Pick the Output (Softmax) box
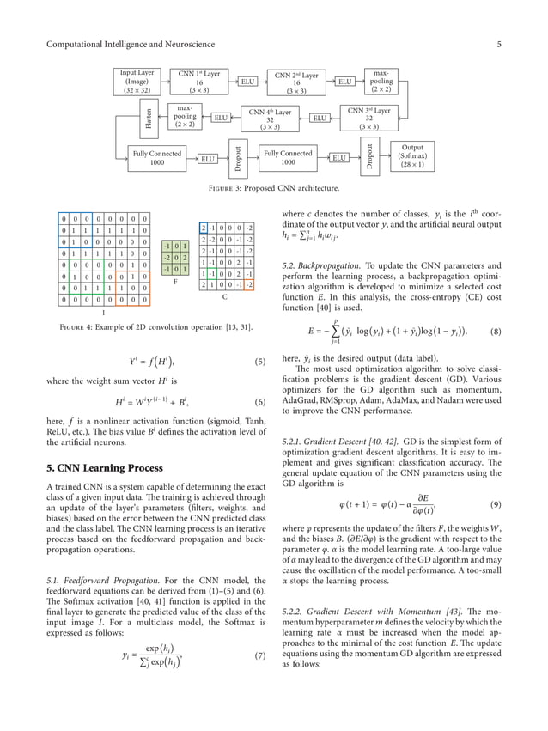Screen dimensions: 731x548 click(x=406, y=157)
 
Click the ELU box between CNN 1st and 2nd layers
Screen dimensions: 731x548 click(x=247, y=82)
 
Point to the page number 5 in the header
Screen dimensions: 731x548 click(x=497, y=44)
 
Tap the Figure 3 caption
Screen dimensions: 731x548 click(x=274, y=188)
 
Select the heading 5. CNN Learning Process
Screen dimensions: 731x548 click(x=107, y=468)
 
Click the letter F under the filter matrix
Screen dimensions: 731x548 click(x=174, y=280)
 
